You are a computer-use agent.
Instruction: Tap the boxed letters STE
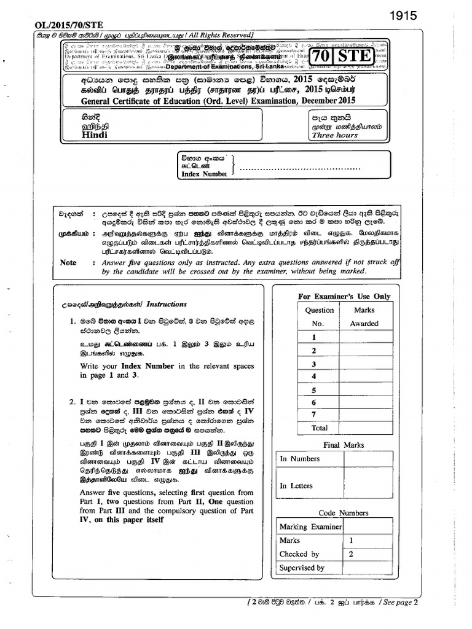[358, 57]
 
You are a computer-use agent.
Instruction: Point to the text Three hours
[334, 135]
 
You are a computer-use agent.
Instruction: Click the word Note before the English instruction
[68, 262]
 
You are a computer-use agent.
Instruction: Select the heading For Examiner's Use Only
[344, 296]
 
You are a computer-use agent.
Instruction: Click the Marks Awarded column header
[364, 317]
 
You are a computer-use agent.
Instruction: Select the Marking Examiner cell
[310, 527]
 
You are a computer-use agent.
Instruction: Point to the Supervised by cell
[302, 568]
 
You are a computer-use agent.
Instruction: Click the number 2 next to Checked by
[352, 554]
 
